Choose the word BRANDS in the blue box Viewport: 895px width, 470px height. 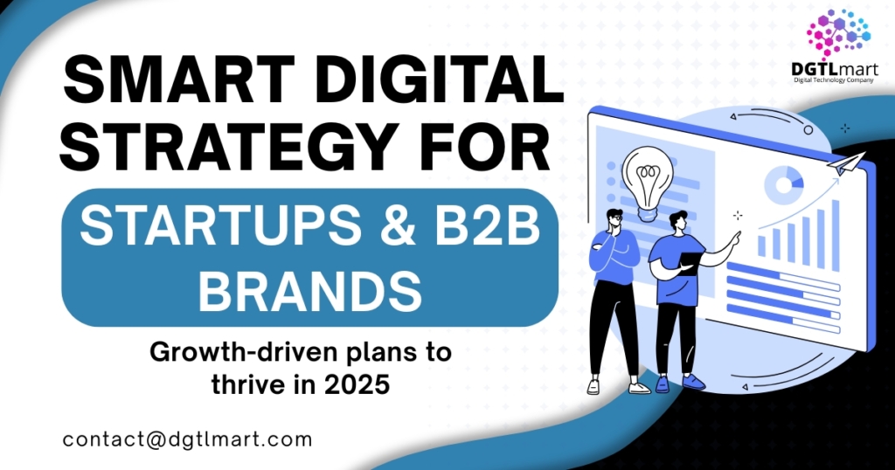(x=310, y=290)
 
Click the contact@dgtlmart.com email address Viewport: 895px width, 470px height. (x=188, y=439)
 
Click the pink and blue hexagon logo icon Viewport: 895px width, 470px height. (x=836, y=32)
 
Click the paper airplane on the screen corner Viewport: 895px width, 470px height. (x=847, y=163)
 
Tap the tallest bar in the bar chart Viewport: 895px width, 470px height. (x=835, y=235)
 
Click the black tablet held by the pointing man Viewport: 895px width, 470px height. (x=690, y=264)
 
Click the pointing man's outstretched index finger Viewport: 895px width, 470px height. (x=739, y=234)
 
